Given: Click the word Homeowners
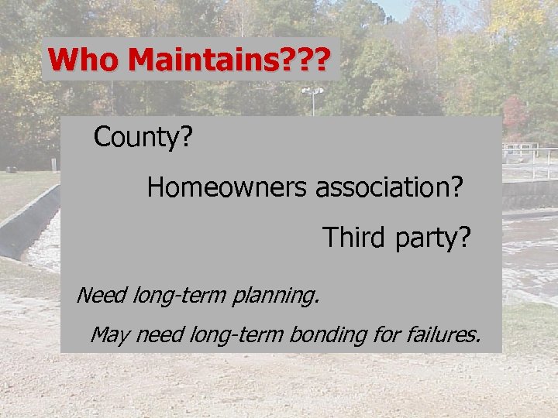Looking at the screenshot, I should tap(229, 187).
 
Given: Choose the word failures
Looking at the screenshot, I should tap(442, 335).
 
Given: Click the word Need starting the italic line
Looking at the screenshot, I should tap(102, 295).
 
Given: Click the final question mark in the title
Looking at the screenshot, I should tap(331, 60).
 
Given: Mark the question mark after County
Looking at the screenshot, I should tap(186, 138).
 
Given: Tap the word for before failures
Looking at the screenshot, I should tap(389, 335).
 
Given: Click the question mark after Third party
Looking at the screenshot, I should tap(463, 237).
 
